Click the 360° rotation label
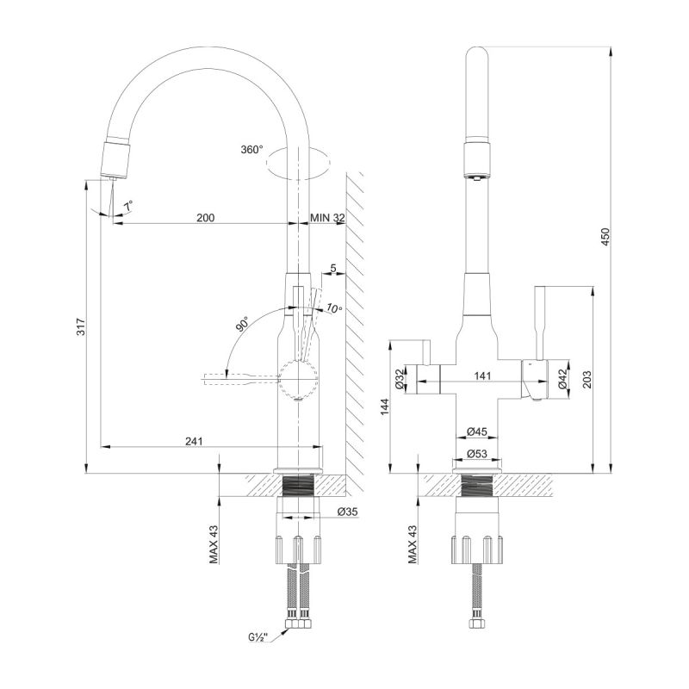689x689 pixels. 252,150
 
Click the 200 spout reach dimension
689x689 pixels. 205,218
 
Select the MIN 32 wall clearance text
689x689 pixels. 327,218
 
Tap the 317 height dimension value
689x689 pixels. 80,326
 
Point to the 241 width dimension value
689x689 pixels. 194,441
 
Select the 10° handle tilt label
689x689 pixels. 333,308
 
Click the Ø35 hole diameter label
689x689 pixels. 348,512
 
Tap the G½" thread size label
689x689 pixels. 256,638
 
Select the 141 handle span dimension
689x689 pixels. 482,376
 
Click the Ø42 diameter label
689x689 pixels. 562,379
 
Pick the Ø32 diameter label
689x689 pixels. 400,379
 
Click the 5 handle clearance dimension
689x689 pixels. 332,267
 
